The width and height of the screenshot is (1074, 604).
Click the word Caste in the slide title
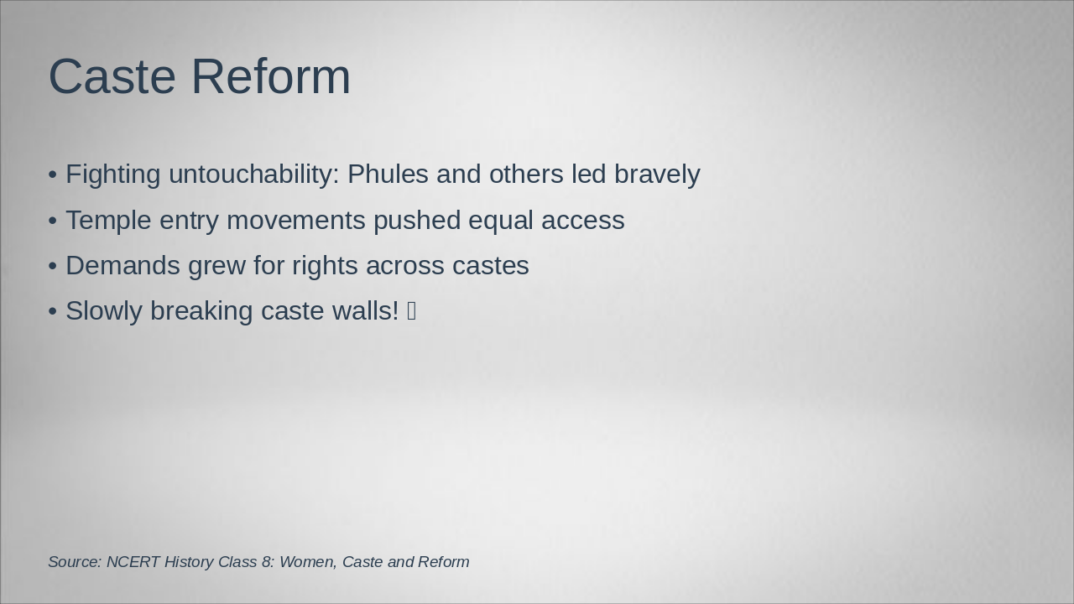112,76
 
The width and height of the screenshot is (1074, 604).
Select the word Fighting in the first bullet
112,174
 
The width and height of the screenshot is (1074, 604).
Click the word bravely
657,174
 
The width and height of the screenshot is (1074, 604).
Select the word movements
296,221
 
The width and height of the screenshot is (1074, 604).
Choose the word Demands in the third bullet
123,266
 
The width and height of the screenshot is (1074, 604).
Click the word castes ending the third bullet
491,266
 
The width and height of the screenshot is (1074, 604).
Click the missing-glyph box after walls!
411,311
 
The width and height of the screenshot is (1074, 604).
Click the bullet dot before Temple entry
53,221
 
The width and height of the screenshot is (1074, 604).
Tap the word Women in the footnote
307,562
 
